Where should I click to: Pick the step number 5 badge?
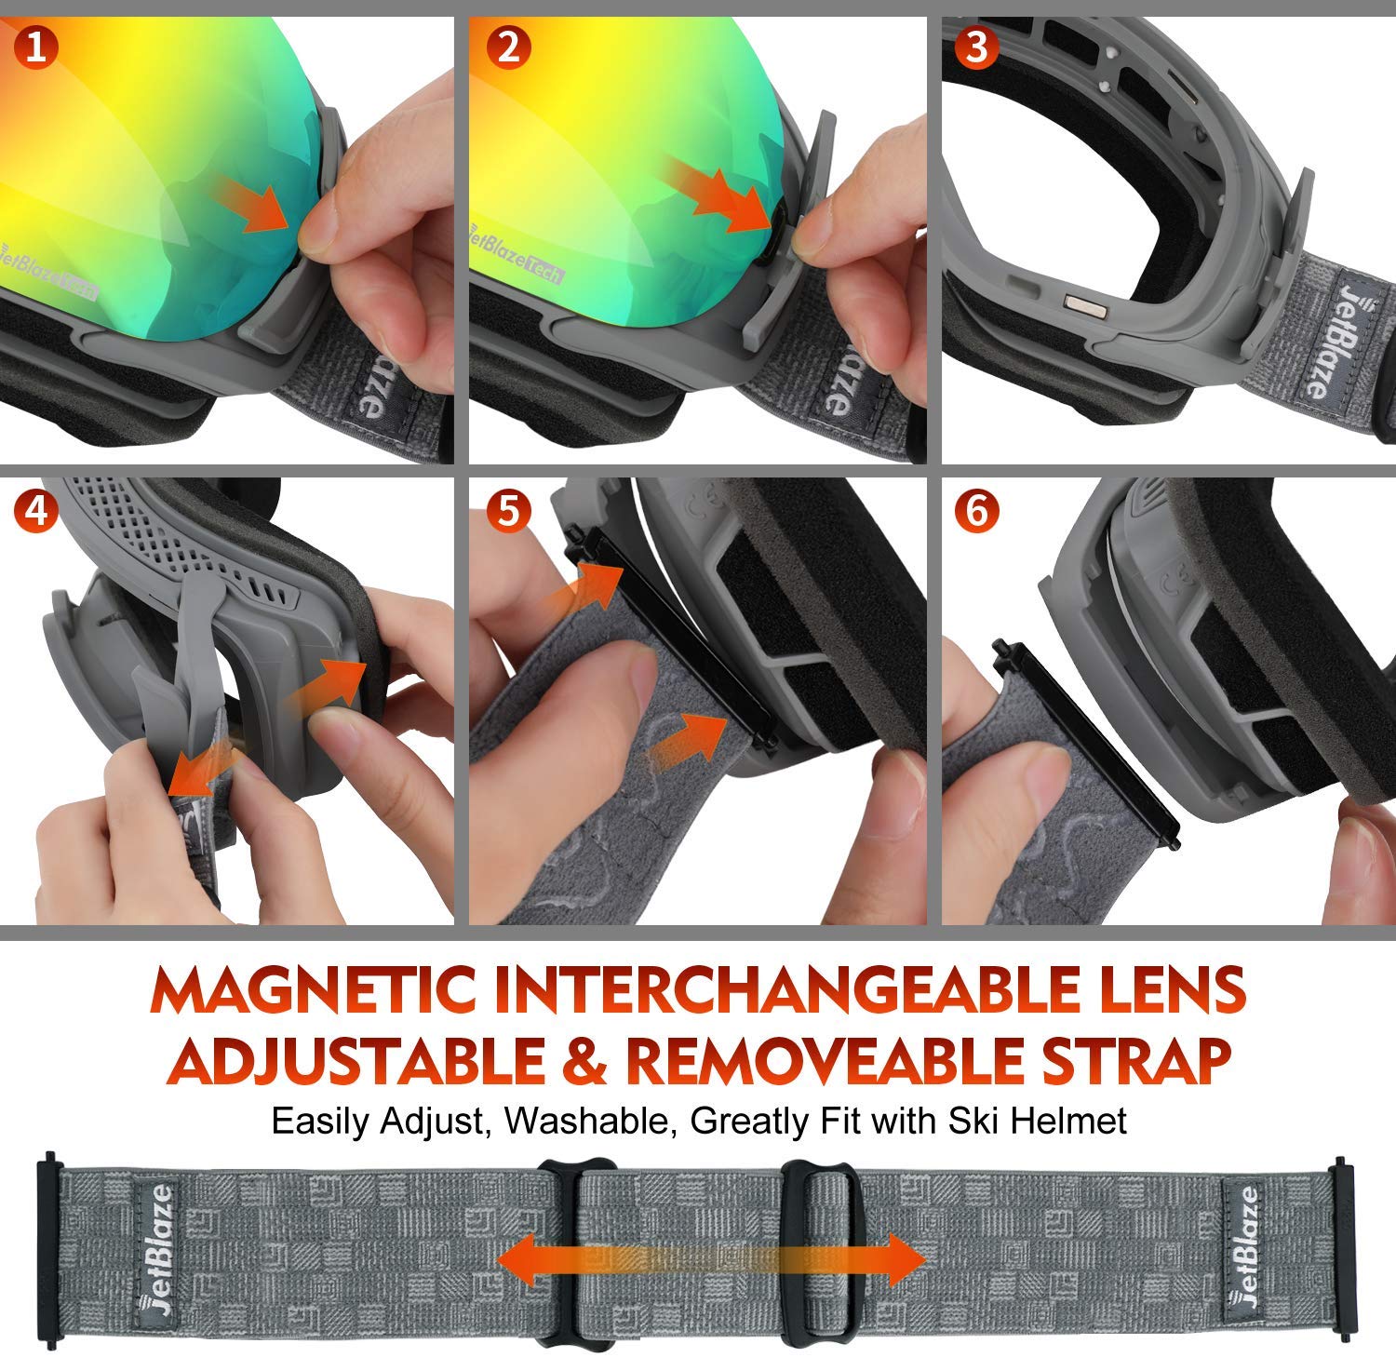coord(508,512)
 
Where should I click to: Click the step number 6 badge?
coord(977,512)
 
